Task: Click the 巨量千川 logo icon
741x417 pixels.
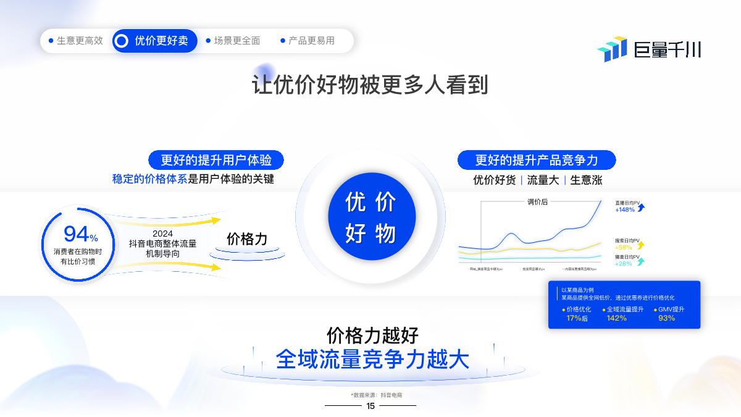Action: click(x=612, y=49)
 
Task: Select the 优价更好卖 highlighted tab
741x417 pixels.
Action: click(x=155, y=41)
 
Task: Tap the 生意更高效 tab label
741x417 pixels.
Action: click(x=80, y=41)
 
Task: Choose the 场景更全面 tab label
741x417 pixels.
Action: click(x=237, y=41)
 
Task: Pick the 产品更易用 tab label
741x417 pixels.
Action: click(x=311, y=41)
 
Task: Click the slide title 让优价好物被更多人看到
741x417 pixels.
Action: click(x=370, y=85)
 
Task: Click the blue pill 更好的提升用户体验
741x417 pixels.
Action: click(x=216, y=160)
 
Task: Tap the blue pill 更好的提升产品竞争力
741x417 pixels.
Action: click(x=536, y=160)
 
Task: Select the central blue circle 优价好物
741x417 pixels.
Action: click(x=371, y=217)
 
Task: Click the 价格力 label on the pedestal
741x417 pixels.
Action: click(x=247, y=239)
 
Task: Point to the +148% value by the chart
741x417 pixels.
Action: click(x=625, y=209)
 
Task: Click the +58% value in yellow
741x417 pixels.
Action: click(x=624, y=247)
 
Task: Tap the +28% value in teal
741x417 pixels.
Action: click(x=624, y=263)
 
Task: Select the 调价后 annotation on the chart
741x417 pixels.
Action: click(x=537, y=202)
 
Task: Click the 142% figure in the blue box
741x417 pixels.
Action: click(x=616, y=318)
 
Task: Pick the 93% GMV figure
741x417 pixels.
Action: click(x=666, y=318)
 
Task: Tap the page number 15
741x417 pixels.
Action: click(x=371, y=406)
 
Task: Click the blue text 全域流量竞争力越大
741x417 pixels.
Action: click(x=372, y=360)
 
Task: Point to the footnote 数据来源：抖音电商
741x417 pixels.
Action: click(x=377, y=395)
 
